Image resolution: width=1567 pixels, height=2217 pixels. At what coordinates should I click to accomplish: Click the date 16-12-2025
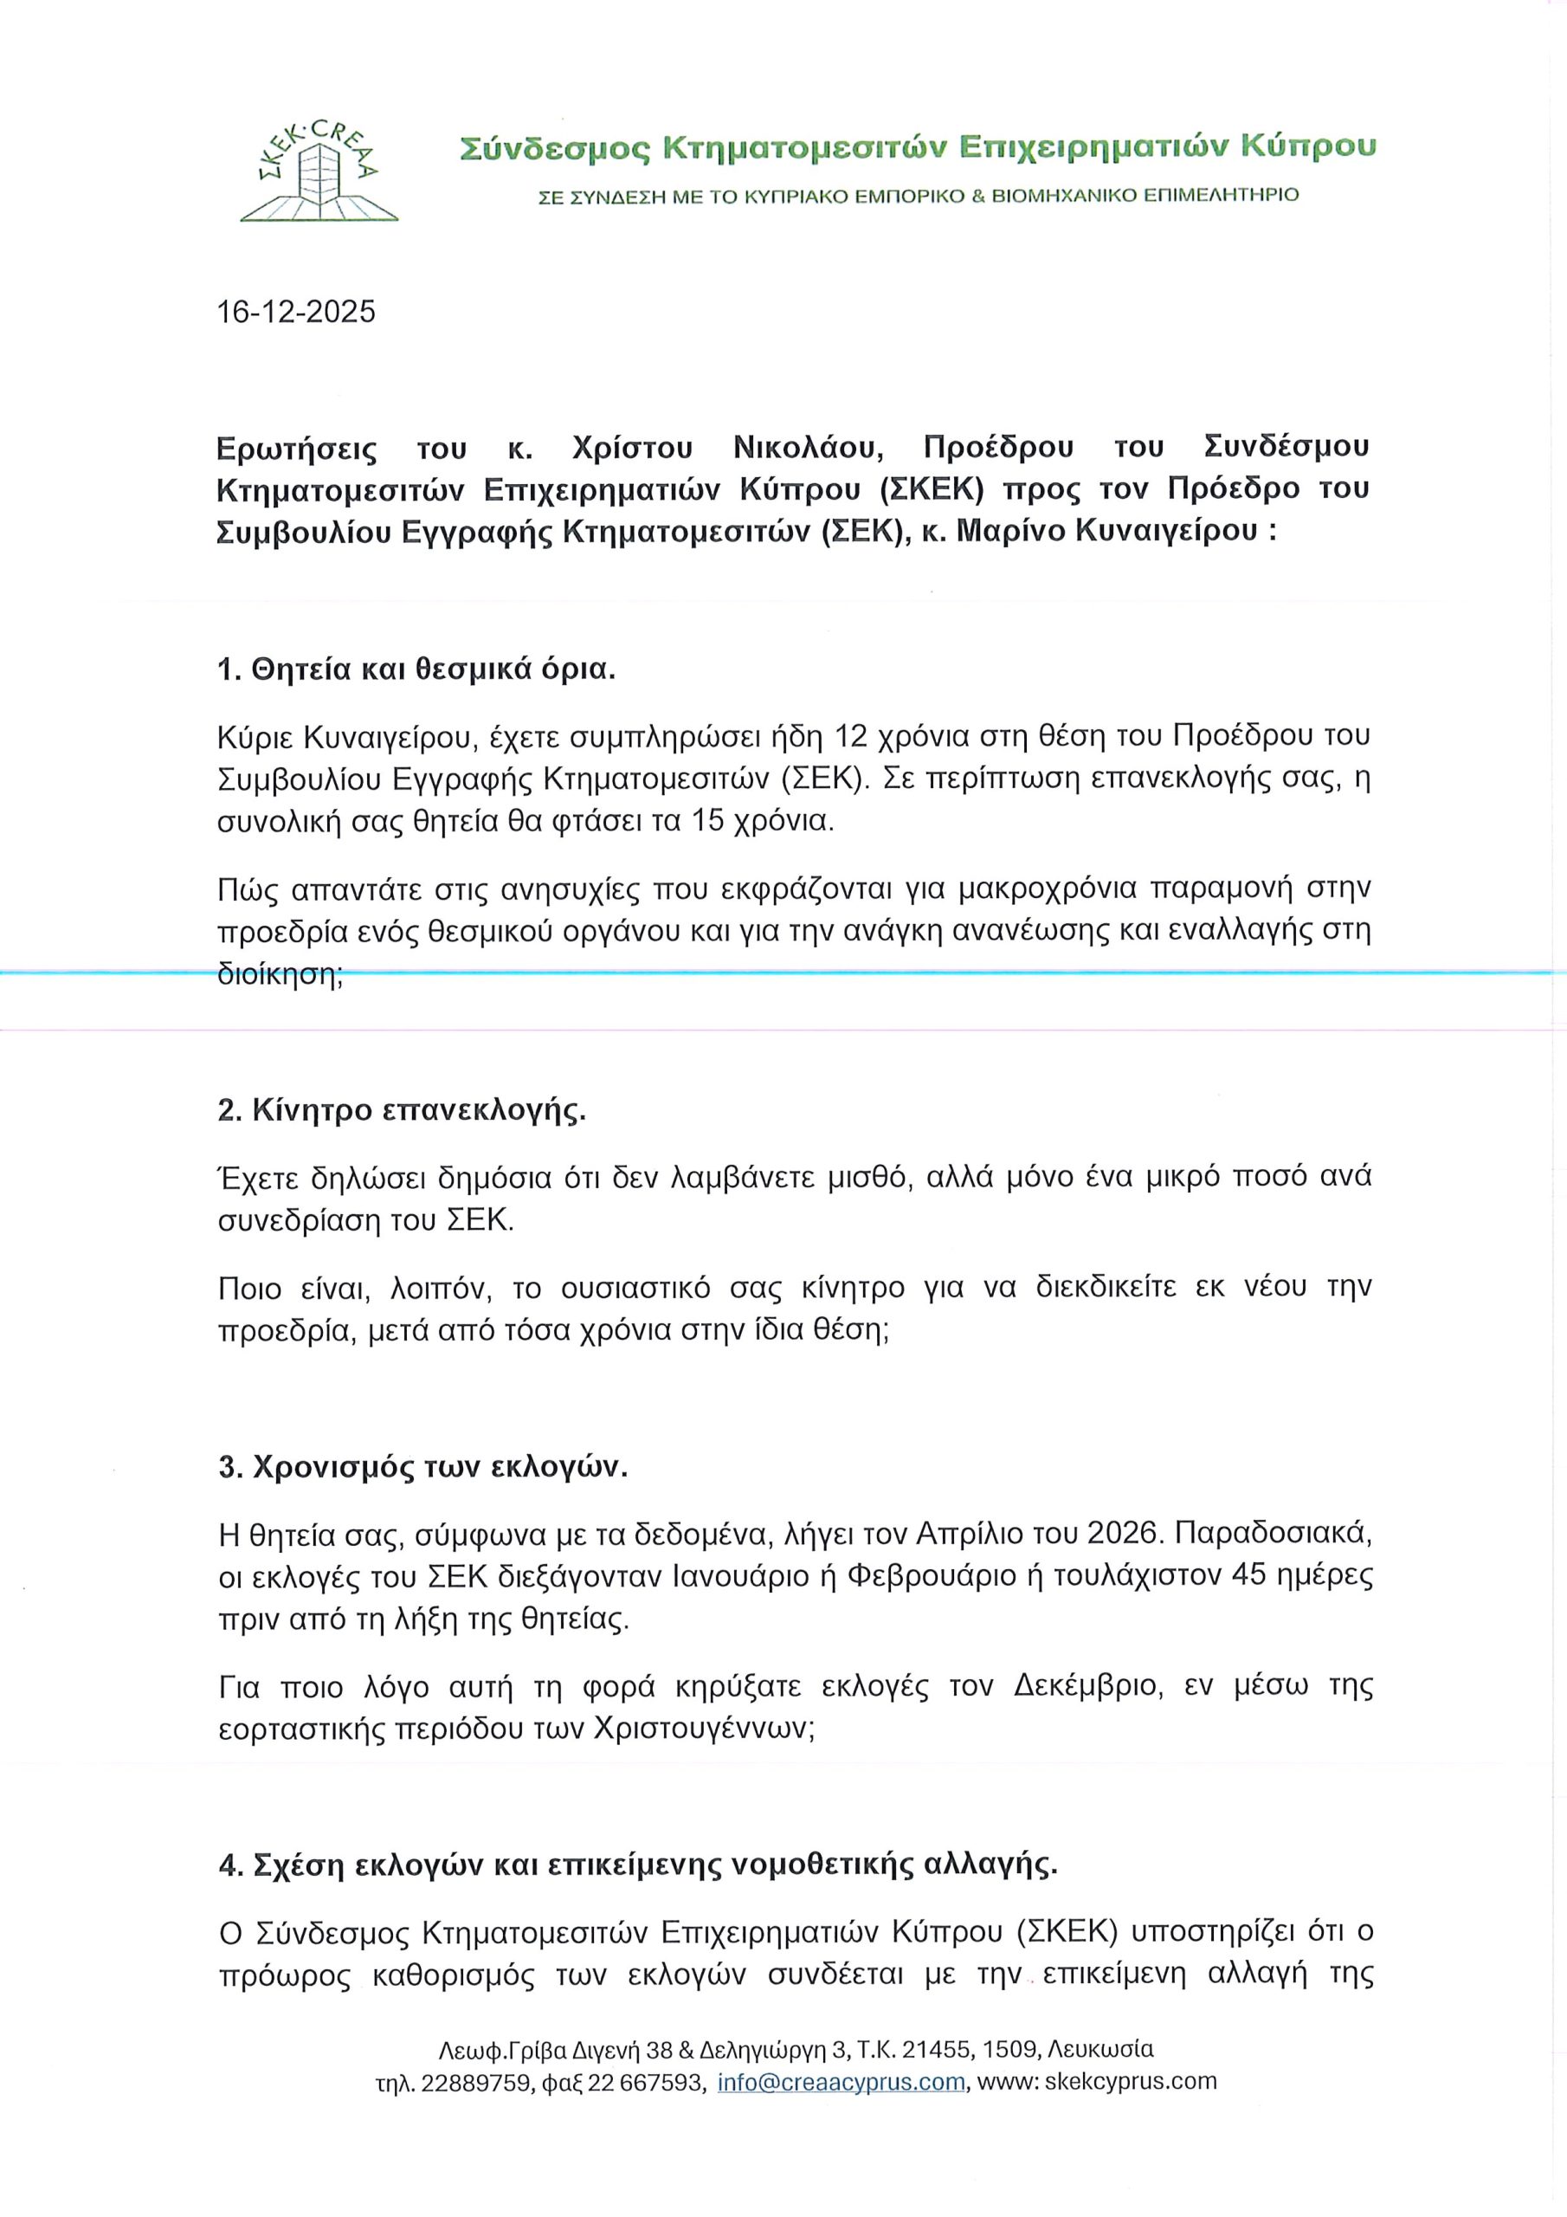[x=296, y=312]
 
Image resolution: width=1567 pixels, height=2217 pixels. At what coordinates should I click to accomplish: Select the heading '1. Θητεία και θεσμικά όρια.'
[x=416, y=669]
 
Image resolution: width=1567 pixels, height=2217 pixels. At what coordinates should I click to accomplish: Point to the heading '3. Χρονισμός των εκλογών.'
[x=422, y=1467]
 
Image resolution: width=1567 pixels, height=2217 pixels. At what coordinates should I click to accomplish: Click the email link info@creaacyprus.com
[x=841, y=2082]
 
